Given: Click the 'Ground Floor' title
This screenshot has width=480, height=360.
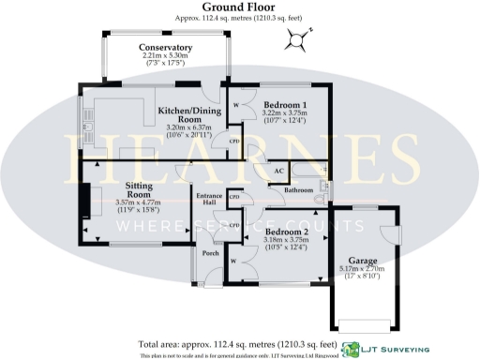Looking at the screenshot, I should (239, 7).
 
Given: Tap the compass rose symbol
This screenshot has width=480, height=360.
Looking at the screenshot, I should (298, 39).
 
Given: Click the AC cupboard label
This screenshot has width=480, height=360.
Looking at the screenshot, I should (278, 172).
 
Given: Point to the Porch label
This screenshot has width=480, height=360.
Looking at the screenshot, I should (209, 253).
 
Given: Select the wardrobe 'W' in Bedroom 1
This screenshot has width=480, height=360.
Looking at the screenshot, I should (235, 104).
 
